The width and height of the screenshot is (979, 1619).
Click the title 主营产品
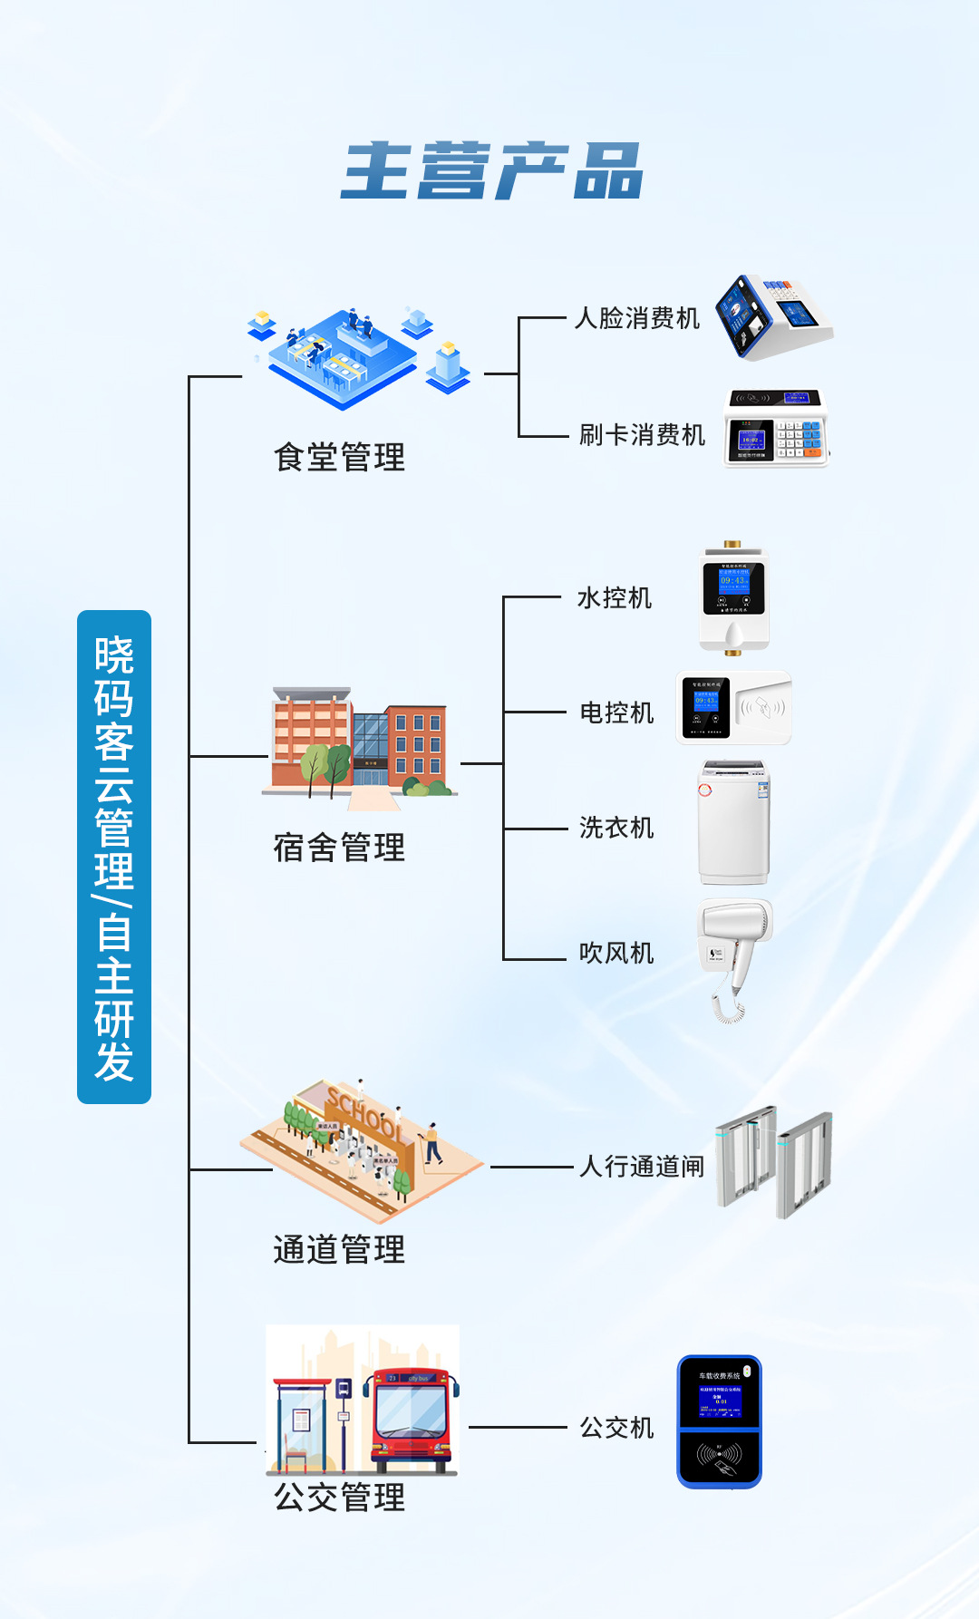pos(491,170)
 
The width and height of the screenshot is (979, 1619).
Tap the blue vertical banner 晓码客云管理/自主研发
pos(114,856)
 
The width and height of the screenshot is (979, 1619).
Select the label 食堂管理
pos(340,457)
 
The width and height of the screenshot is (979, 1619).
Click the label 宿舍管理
pos(340,848)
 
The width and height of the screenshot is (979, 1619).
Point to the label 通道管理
pos(340,1249)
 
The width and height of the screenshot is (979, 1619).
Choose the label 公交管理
pos(340,1497)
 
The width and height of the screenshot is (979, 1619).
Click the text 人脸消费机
pos(637,318)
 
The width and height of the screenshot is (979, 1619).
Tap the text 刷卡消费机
pos(642,435)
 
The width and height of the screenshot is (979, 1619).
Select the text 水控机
pos(615,598)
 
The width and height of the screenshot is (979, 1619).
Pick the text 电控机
pos(616,713)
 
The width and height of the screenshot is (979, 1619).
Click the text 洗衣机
pos(616,828)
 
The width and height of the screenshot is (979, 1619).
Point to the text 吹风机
pos(616,953)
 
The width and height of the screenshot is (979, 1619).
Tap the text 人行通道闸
pos(642,1166)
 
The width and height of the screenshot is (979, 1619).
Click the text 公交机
pos(616,1428)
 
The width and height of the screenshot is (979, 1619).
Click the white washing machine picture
pos(733,822)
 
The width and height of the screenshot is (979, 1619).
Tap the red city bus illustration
pos(411,1419)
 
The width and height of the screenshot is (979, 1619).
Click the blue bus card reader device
pos(720,1421)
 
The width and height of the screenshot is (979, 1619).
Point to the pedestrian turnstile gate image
pos(773,1161)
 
